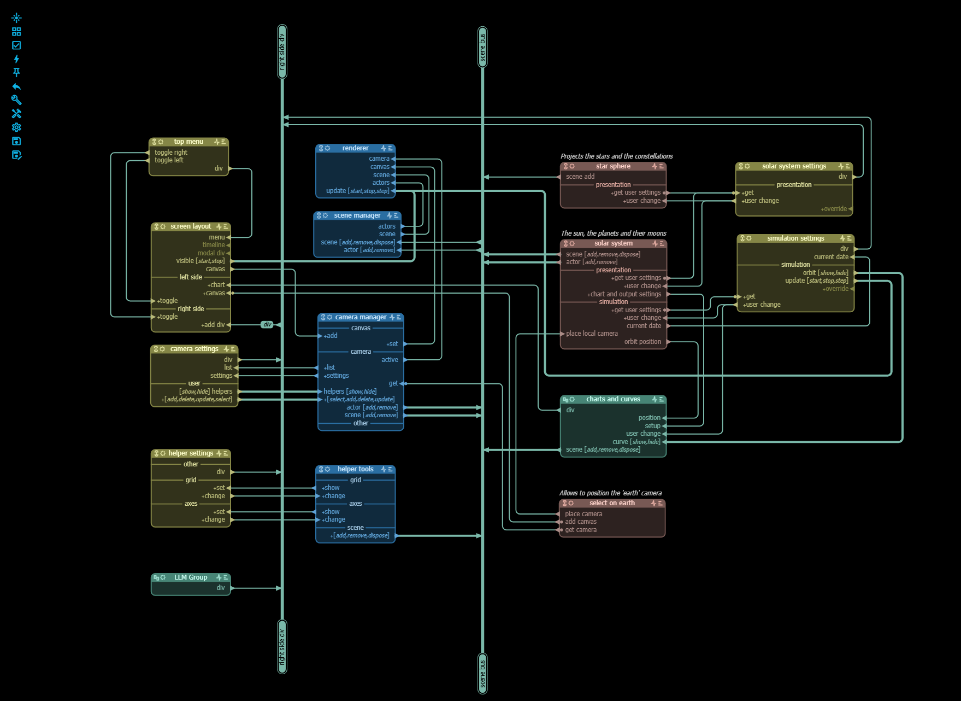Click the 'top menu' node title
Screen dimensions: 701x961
[x=188, y=142]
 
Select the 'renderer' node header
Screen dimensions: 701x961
[x=355, y=148]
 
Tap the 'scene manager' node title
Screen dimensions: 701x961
[x=357, y=215]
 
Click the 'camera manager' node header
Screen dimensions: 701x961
[x=361, y=317]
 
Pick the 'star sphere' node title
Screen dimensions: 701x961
[x=613, y=166]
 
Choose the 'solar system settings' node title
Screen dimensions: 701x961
[x=794, y=166]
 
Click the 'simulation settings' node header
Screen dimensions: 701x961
[x=795, y=238]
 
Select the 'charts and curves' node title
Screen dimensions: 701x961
[x=613, y=399]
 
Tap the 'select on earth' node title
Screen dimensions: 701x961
[x=612, y=503]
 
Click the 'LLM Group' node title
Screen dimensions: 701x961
[x=191, y=577]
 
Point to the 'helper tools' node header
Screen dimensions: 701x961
[x=355, y=469]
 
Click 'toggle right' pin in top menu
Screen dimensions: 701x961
[x=170, y=153]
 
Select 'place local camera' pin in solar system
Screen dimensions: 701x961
[x=592, y=334]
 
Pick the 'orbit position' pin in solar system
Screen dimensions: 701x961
[x=642, y=342]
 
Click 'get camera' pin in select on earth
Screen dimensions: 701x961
[x=580, y=530]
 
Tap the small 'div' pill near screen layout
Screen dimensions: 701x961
[x=267, y=325]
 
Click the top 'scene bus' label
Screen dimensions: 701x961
[x=482, y=47]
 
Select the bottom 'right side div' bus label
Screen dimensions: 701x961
[x=282, y=647]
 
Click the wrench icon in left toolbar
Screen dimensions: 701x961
[x=16, y=100]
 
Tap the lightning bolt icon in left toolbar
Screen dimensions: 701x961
[x=16, y=59]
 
